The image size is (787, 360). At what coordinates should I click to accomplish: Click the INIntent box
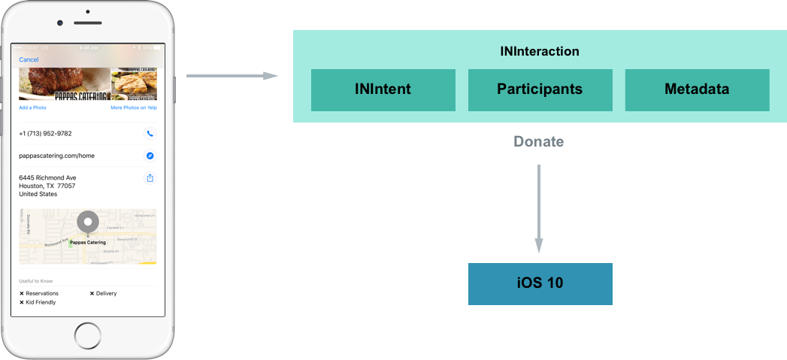tap(383, 90)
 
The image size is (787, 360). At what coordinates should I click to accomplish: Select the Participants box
tap(540, 90)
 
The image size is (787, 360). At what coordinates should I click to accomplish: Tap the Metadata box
tap(697, 90)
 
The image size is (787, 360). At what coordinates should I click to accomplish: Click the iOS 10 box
tap(540, 284)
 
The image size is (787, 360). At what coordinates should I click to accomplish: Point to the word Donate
tap(539, 141)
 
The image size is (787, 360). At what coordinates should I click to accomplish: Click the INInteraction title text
tap(540, 52)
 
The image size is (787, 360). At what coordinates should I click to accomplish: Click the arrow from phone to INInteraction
tap(232, 76)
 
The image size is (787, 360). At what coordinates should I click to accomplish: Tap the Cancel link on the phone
tap(29, 59)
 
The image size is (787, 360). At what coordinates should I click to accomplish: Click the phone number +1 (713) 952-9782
tap(45, 134)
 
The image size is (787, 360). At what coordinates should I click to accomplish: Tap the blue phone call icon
tap(150, 134)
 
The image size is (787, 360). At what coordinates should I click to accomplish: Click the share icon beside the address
tap(150, 178)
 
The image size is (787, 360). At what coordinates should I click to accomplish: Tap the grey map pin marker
tap(88, 222)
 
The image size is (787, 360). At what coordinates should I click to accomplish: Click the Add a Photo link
tap(32, 107)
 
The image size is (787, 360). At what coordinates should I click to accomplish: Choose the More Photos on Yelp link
tap(133, 107)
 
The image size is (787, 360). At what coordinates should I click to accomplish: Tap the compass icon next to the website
tap(150, 156)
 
